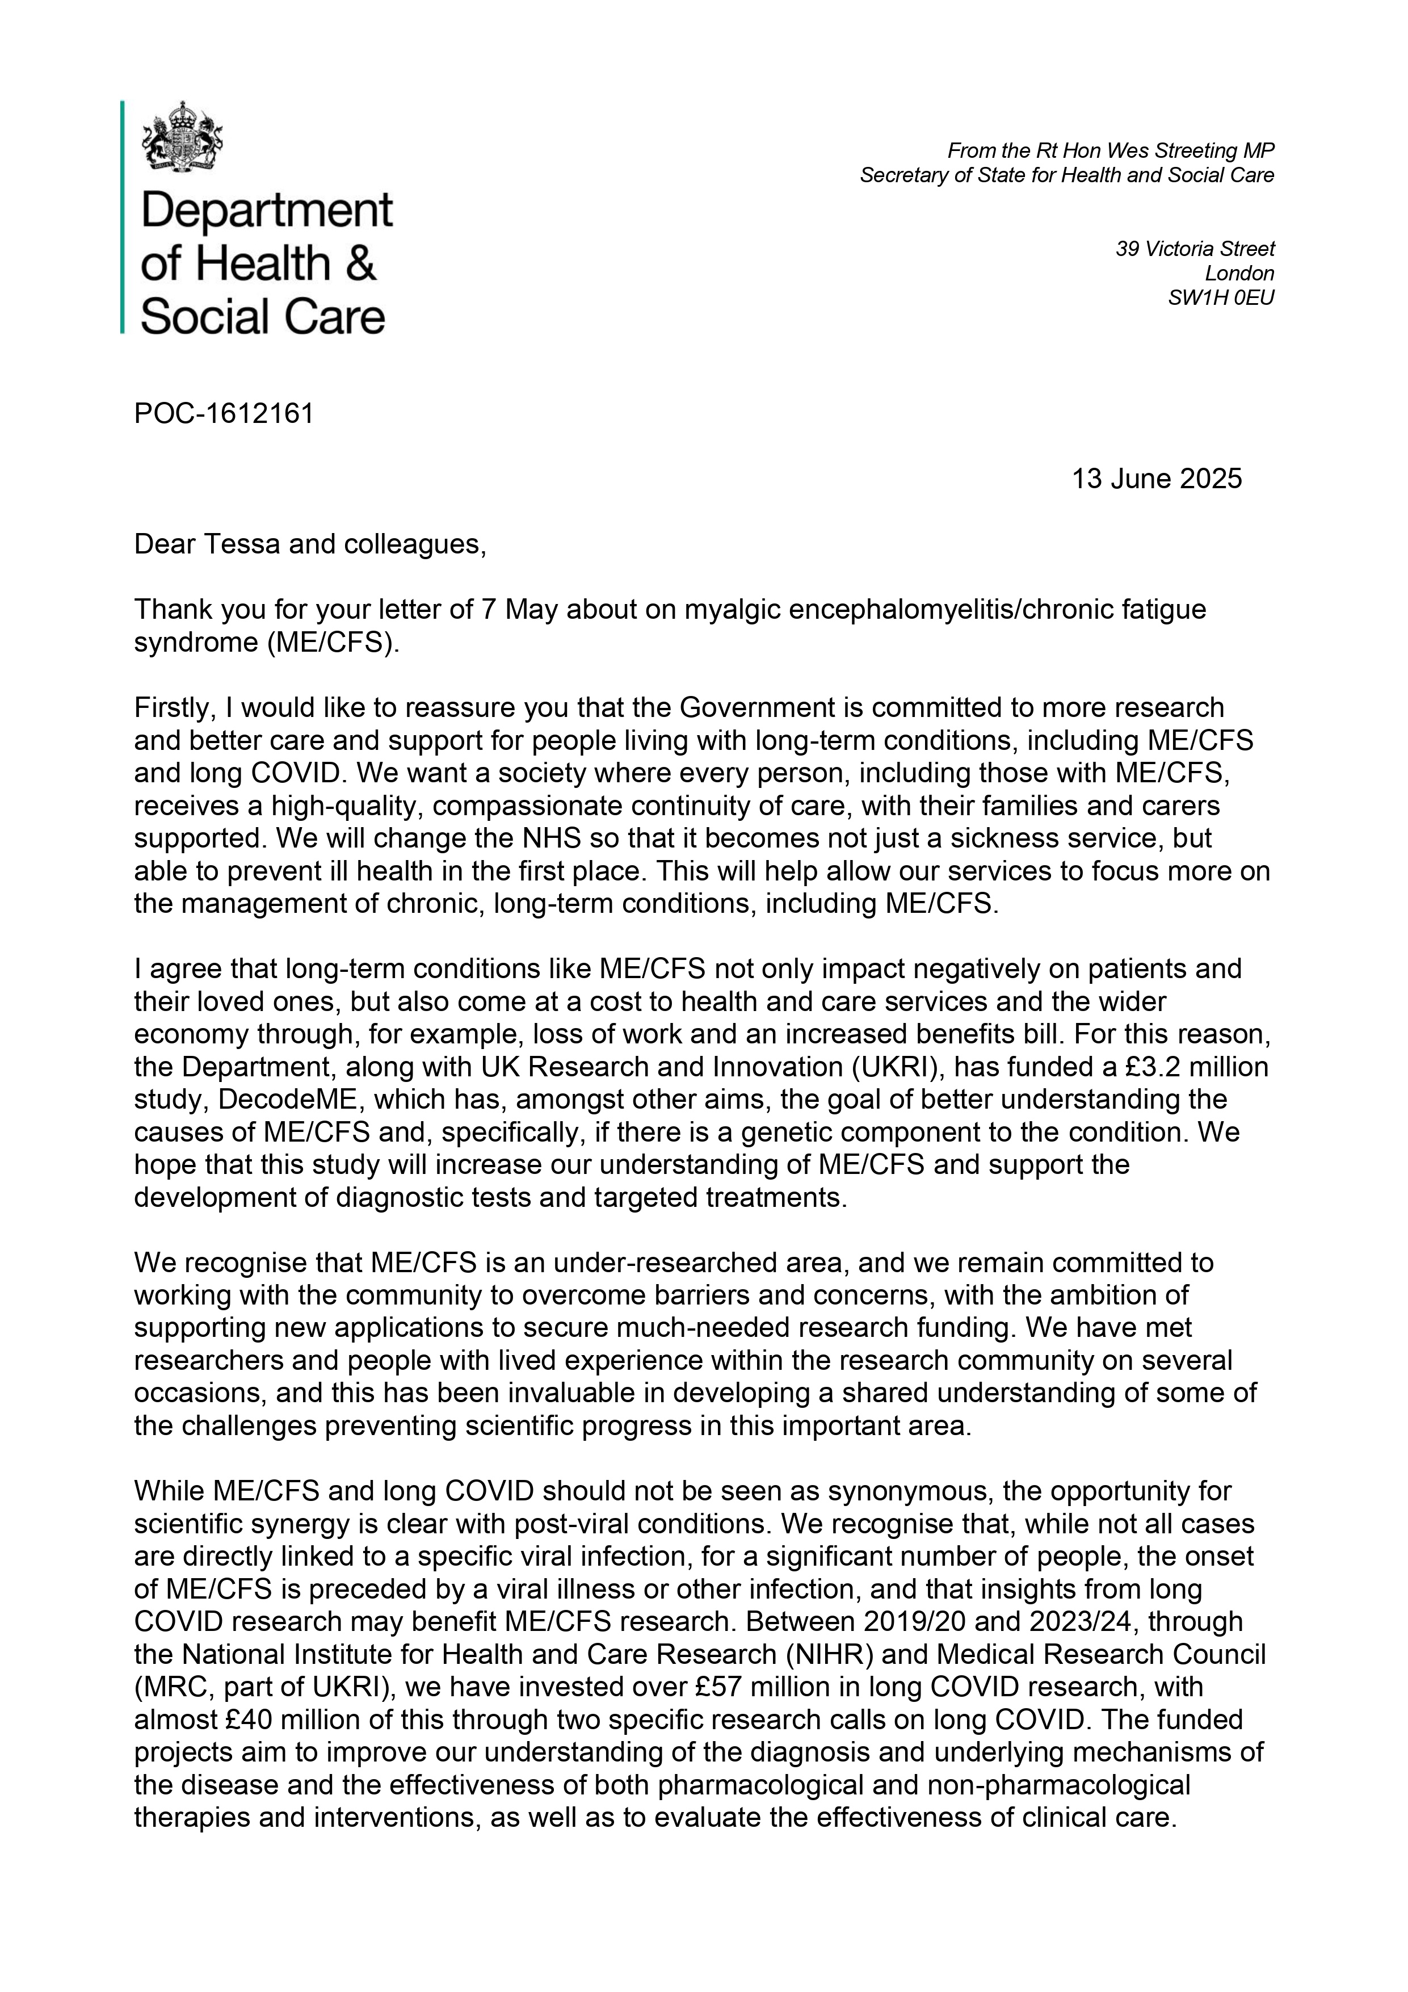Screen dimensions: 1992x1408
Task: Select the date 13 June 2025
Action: [x=1157, y=479]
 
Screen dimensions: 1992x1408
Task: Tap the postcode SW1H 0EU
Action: [x=1221, y=297]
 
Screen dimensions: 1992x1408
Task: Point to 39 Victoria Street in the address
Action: [x=1195, y=249]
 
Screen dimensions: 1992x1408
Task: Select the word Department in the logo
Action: [x=266, y=211]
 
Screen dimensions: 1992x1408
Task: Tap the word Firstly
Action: [x=174, y=708]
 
